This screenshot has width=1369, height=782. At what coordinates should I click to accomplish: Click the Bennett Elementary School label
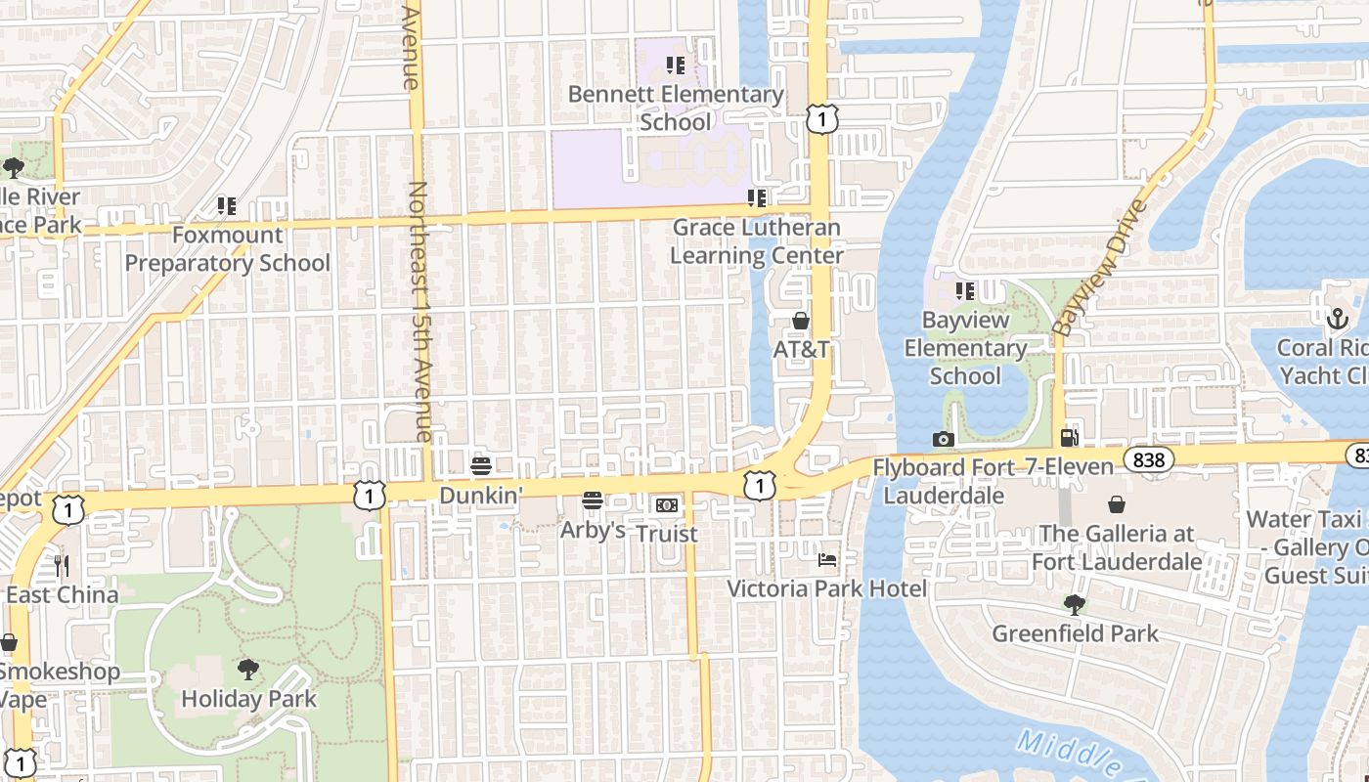pyautogui.click(x=676, y=109)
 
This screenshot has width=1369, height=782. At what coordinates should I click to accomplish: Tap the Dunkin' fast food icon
pyautogui.click(x=480, y=465)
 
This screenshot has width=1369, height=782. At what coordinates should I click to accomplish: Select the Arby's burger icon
pyautogui.click(x=592, y=500)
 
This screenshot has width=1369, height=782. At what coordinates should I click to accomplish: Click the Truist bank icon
pyautogui.click(x=667, y=504)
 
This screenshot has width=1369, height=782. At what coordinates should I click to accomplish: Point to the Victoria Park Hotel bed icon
pyautogui.click(x=827, y=560)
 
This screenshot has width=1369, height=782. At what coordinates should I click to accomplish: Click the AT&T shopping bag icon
pyautogui.click(x=801, y=321)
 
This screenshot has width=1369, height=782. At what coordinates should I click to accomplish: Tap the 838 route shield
pyautogui.click(x=1148, y=458)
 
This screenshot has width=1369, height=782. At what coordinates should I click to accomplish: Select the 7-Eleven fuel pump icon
pyautogui.click(x=1070, y=437)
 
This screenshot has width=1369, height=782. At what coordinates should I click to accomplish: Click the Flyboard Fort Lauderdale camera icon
pyautogui.click(x=943, y=439)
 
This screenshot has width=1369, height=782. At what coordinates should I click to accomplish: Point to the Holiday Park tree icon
pyautogui.click(x=248, y=670)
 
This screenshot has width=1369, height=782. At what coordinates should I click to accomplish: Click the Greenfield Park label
pyautogui.click(x=1075, y=633)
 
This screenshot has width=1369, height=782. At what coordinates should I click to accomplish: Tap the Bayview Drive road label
pyautogui.click(x=1099, y=268)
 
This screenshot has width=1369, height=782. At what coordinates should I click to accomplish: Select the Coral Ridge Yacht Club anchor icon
pyautogui.click(x=1337, y=319)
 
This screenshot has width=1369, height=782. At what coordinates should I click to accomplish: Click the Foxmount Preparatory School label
pyautogui.click(x=227, y=249)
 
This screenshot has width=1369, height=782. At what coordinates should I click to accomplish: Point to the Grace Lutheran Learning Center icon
pyautogui.click(x=756, y=198)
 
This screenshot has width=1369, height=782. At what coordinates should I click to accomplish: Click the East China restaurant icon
pyautogui.click(x=62, y=565)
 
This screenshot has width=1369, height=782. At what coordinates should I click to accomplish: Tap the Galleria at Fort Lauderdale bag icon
pyautogui.click(x=1116, y=504)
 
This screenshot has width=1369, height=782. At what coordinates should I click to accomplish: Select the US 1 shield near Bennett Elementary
pyautogui.click(x=822, y=119)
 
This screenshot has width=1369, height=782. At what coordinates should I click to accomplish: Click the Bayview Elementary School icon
pyautogui.click(x=965, y=291)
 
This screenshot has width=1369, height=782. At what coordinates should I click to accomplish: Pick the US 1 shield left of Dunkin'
pyautogui.click(x=369, y=496)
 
